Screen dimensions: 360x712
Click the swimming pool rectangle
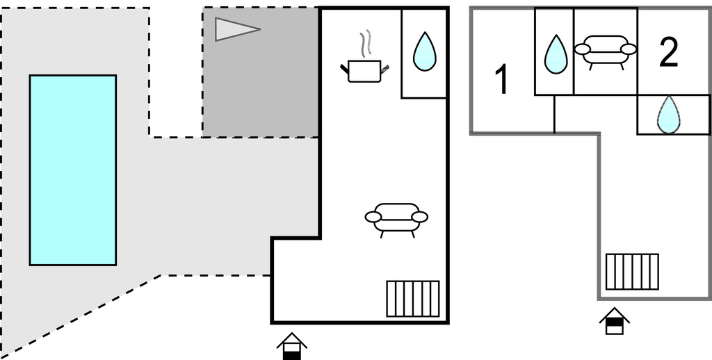pyautogui.click(x=72, y=170)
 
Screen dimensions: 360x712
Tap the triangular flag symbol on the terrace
pyautogui.click(x=233, y=29)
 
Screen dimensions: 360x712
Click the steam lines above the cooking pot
pyautogui.click(x=364, y=44)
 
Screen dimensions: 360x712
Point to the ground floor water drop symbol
pyautogui.click(x=424, y=53)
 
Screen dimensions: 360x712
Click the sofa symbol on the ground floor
pyautogui.click(x=396, y=217)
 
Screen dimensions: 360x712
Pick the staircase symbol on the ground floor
pyautogui.click(x=413, y=299)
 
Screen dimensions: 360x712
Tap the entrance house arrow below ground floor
pyautogui.click(x=291, y=345)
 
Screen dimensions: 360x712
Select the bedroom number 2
pyautogui.click(x=668, y=53)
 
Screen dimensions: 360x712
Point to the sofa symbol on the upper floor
pyautogui.click(x=606, y=50)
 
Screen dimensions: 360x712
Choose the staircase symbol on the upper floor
pyautogui.click(x=632, y=271)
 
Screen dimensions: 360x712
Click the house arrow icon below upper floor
pyautogui.click(x=615, y=321)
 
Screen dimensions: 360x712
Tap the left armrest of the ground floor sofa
pyautogui.click(x=373, y=218)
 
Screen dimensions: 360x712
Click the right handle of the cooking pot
pyautogui.click(x=385, y=67)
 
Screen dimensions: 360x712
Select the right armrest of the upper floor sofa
pyautogui.click(x=629, y=49)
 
